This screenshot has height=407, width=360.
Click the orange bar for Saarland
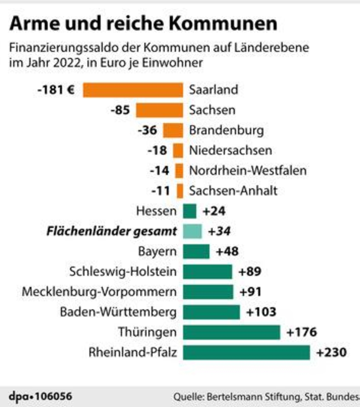pos(133,90)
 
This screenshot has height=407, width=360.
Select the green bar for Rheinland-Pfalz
pos(246,352)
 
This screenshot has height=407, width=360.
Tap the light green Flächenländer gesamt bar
pos(192,231)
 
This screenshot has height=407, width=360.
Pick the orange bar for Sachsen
pos(160,110)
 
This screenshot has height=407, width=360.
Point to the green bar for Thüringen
pos(231,332)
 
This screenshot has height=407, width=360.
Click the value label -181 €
pos(56,90)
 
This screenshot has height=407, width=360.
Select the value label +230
pos(332,352)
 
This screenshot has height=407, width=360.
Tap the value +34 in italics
pos(219,231)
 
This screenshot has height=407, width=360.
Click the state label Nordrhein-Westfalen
pos(247,171)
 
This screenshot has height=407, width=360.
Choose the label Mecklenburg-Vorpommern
pos(99,292)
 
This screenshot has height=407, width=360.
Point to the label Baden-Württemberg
pos(118,312)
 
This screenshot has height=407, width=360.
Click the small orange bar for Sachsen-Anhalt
pos(180,191)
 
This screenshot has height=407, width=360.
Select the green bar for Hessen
pos(189,211)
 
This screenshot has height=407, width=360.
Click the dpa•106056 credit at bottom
pos(40,397)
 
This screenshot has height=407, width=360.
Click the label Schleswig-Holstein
pos(123,272)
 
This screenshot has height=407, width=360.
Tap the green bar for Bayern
pos(196,252)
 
